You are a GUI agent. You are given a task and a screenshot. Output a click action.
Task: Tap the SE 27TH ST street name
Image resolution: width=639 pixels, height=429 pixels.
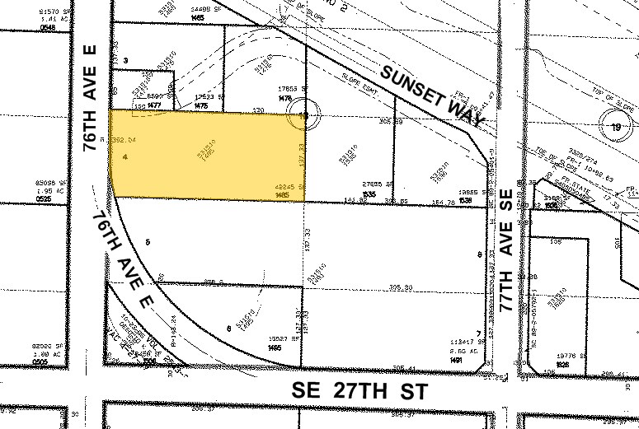coord(359,392)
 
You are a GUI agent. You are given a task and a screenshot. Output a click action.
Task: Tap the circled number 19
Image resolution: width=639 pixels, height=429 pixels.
coord(614,127)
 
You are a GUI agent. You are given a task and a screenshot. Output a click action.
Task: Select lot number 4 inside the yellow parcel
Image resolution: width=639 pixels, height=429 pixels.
coord(123,156)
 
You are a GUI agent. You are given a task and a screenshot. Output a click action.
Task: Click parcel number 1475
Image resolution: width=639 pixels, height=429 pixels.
coord(200,105)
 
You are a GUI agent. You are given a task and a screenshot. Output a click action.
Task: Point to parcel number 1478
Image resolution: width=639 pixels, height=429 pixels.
coord(285,98)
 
